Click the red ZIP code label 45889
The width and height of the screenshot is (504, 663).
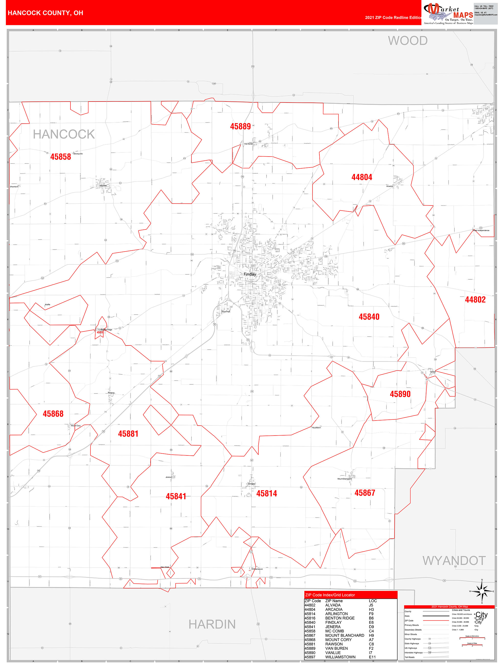(x=240, y=126)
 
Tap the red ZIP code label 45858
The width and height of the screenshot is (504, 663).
(x=60, y=157)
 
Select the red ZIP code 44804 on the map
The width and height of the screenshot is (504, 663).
(x=362, y=177)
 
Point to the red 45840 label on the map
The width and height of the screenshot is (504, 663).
(x=369, y=317)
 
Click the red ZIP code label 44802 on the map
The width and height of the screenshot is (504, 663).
(x=475, y=299)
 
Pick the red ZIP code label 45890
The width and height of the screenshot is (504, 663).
(x=400, y=394)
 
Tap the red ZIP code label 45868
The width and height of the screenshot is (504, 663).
(x=53, y=414)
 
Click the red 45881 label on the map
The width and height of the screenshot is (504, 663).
(x=128, y=434)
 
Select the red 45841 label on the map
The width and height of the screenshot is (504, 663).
(x=176, y=496)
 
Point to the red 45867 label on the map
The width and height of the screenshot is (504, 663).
(x=365, y=493)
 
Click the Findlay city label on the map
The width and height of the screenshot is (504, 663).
(x=250, y=274)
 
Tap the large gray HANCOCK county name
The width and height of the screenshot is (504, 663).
(x=64, y=134)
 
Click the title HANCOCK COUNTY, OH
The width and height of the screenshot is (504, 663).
(x=45, y=13)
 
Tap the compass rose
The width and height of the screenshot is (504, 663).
(x=482, y=591)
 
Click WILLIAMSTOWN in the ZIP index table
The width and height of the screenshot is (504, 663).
(x=340, y=657)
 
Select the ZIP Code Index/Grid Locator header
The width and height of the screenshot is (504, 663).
(x=330, y=595)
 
